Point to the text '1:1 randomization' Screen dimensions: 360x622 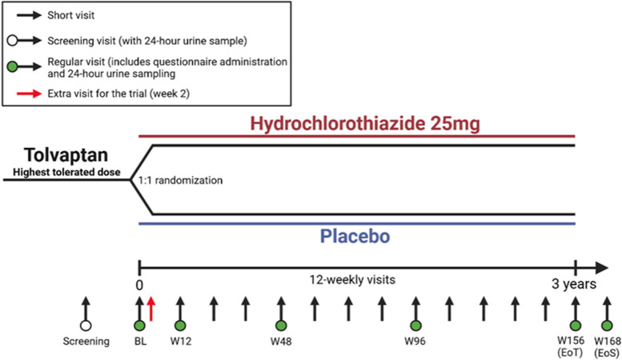tap(181, 181)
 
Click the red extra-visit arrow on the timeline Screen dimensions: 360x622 tap(151, 308)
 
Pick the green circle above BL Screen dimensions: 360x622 tap(140, 325)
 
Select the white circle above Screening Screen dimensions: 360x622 tap(85, 325)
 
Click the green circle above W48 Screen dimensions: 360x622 tap(280, 325)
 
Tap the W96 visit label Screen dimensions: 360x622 tap(415, 342)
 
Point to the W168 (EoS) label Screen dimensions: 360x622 tap(606, 346)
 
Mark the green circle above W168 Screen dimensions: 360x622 tap(606, 325)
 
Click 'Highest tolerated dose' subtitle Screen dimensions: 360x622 tap(65, 171)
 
